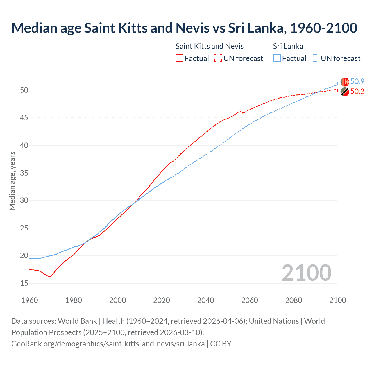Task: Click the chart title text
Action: pos(184,28)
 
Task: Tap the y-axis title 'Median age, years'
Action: pos(12,181)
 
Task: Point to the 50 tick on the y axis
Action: pos(24,90)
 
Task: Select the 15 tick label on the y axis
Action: pos(24,283)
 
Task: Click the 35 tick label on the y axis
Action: pos(24,173)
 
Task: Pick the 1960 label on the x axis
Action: pos(30,300)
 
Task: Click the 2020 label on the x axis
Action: pos(162,300)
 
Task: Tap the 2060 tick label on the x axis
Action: pos(250,300)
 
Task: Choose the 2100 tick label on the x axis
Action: pos(337,300)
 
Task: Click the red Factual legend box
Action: pos(179,58)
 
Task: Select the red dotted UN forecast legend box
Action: pos(218,58)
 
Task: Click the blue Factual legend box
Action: pos(277,58)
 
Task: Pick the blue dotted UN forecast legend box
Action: pos(316,58)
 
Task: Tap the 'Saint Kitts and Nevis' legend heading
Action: pos(210,46)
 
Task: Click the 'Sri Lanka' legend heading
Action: pos(288,46)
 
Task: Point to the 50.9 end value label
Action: pos(357,82)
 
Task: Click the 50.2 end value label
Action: pos(357,92)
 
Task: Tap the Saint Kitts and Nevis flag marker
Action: pos(345,92)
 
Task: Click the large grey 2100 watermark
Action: pos(306,273)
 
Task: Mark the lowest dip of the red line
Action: pos(49,277)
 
